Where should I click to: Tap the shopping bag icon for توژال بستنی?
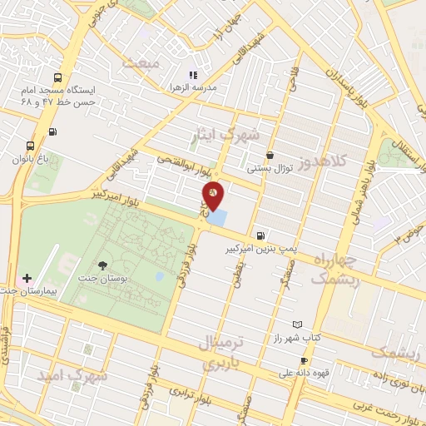[x=270, y=155]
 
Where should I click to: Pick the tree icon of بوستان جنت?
[x=102, y=265]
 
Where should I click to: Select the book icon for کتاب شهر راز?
[x=298, y=324]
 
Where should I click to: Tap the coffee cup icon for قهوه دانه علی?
[x=304, y=360]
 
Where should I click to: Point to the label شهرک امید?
[x=72, y=376]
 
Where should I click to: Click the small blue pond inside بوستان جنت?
[x=159, y=276]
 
